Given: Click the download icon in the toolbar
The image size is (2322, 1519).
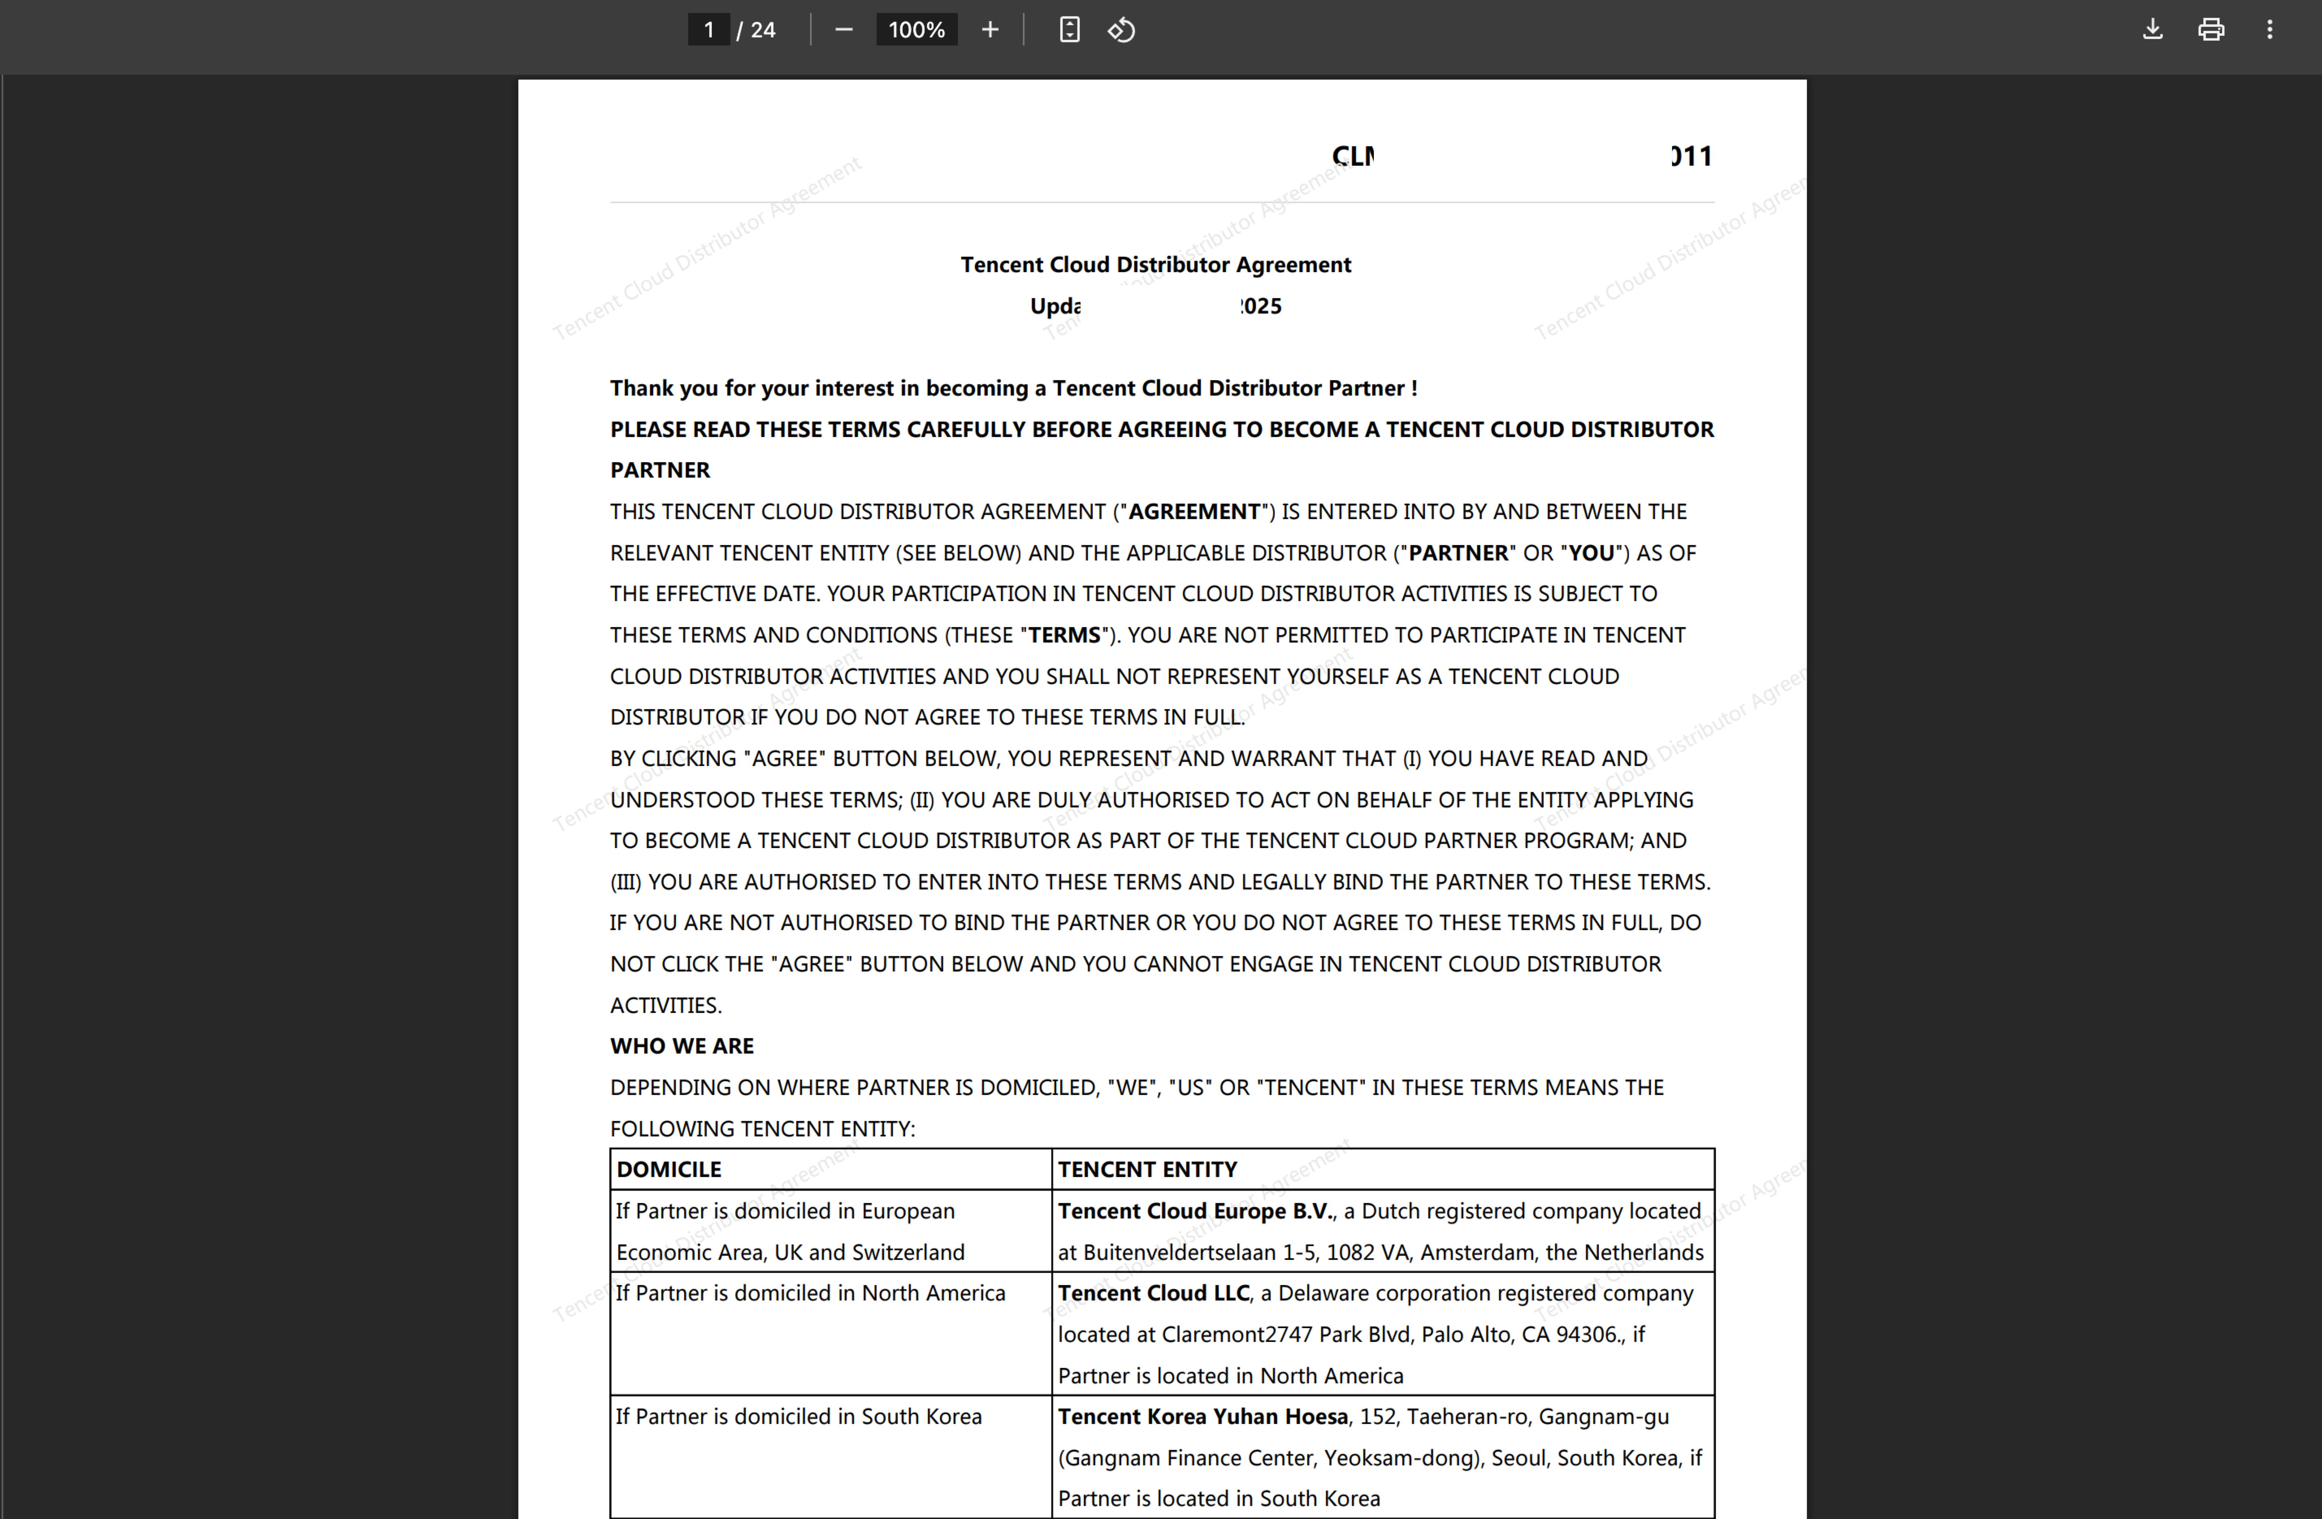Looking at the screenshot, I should click(x=2152, y=30).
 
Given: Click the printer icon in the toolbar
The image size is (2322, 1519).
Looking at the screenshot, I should click(x=2211, y=30).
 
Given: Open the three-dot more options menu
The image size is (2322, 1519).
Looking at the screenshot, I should click(x=2269, y=30).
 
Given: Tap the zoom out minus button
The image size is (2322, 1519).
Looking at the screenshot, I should click(x=844, y=30).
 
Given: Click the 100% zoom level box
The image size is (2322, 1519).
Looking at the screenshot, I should click(x=916, y=30).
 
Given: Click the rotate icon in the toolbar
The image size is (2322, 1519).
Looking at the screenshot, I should click(x=1121, y=30).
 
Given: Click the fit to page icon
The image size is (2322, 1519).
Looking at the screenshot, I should click(x=1069, y=30).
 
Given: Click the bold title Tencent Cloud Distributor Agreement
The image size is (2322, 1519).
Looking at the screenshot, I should click(x=1155, y=264).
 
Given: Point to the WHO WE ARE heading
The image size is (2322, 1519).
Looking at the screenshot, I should click(x=682, y=1046).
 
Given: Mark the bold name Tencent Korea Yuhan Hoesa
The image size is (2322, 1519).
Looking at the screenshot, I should click(x=1202, y=1417).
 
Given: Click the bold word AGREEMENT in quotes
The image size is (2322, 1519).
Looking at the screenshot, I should click(x=1194, y=511).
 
